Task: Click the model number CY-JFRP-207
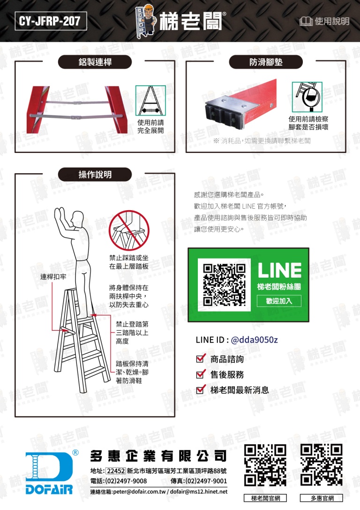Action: [x=50, y=21]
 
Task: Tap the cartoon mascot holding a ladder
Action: [x=146, y=21]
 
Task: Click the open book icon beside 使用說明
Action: [x=306, y=22]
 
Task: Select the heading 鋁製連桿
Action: [x=95, y=62]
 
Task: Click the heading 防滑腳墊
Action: [x=266, y=62]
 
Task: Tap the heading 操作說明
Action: [x=95, y=175]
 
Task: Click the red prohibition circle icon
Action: [x=129, y=230]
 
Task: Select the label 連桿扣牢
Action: [x=53, y=277]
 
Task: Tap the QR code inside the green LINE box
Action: [x=224, y=285]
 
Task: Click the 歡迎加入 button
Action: [x=279, y=301]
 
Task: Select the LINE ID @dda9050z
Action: [x=254, y=340]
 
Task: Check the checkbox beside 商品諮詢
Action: [x=201, y=358]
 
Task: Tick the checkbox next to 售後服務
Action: [x=201, y=374]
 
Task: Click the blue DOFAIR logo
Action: [x=49, y=472]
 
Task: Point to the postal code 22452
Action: [x=116, y=471]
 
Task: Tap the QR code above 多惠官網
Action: [x=322, y=465]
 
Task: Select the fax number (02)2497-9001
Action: [x=206, y=481]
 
